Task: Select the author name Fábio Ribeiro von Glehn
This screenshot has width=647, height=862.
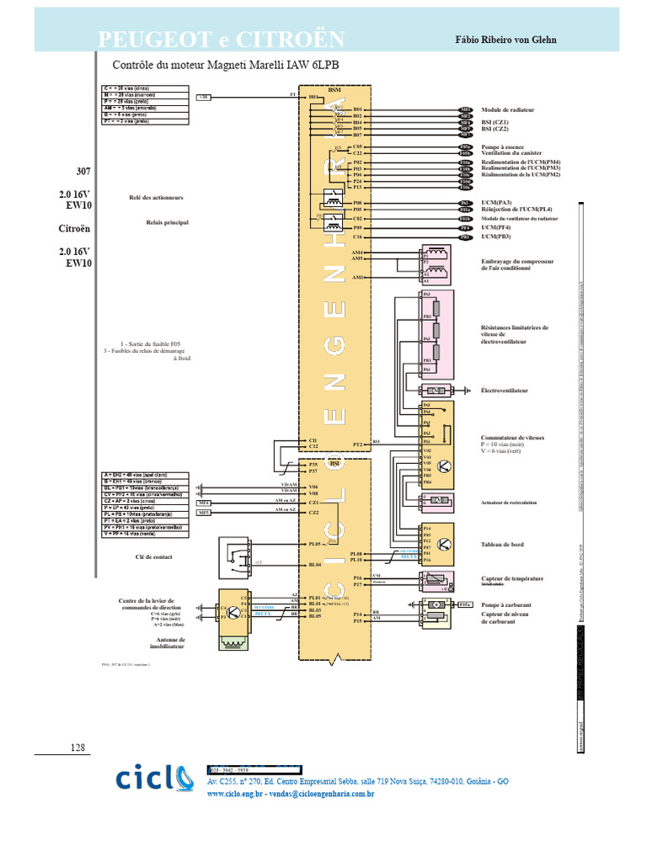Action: [x=505, y=40]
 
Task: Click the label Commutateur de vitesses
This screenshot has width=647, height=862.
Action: [x=512, y=439]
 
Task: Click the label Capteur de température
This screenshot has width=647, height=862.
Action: [x=511, y=578]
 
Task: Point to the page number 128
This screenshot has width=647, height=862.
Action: [x=78, y=748]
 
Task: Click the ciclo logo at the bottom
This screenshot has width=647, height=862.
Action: [x=159, y=779]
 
